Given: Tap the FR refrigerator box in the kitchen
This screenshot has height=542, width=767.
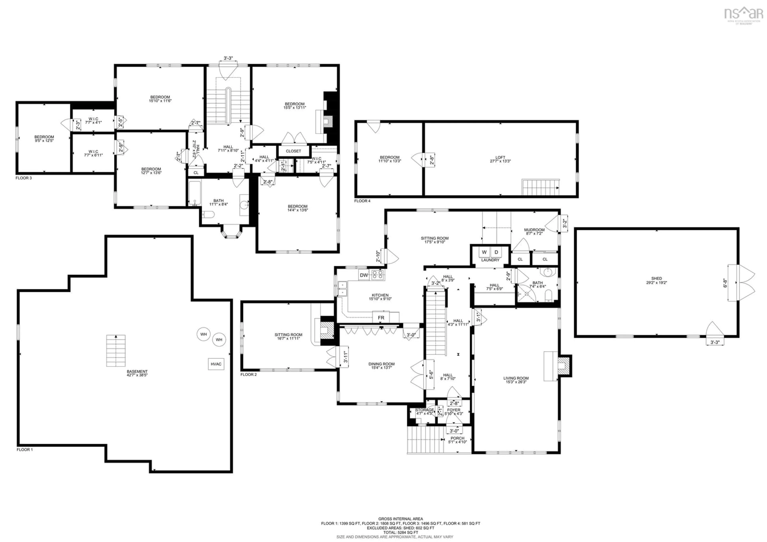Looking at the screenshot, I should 381,318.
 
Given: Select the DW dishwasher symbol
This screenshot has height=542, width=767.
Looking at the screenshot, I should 364,275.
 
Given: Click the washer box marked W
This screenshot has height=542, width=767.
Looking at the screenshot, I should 484,252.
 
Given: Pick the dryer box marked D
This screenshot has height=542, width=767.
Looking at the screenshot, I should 496,252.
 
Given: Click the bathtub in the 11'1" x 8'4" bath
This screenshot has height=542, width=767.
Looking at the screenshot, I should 194,193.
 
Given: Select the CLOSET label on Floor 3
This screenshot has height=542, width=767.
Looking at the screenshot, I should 293,151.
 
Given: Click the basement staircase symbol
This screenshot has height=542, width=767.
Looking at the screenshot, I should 116,351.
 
